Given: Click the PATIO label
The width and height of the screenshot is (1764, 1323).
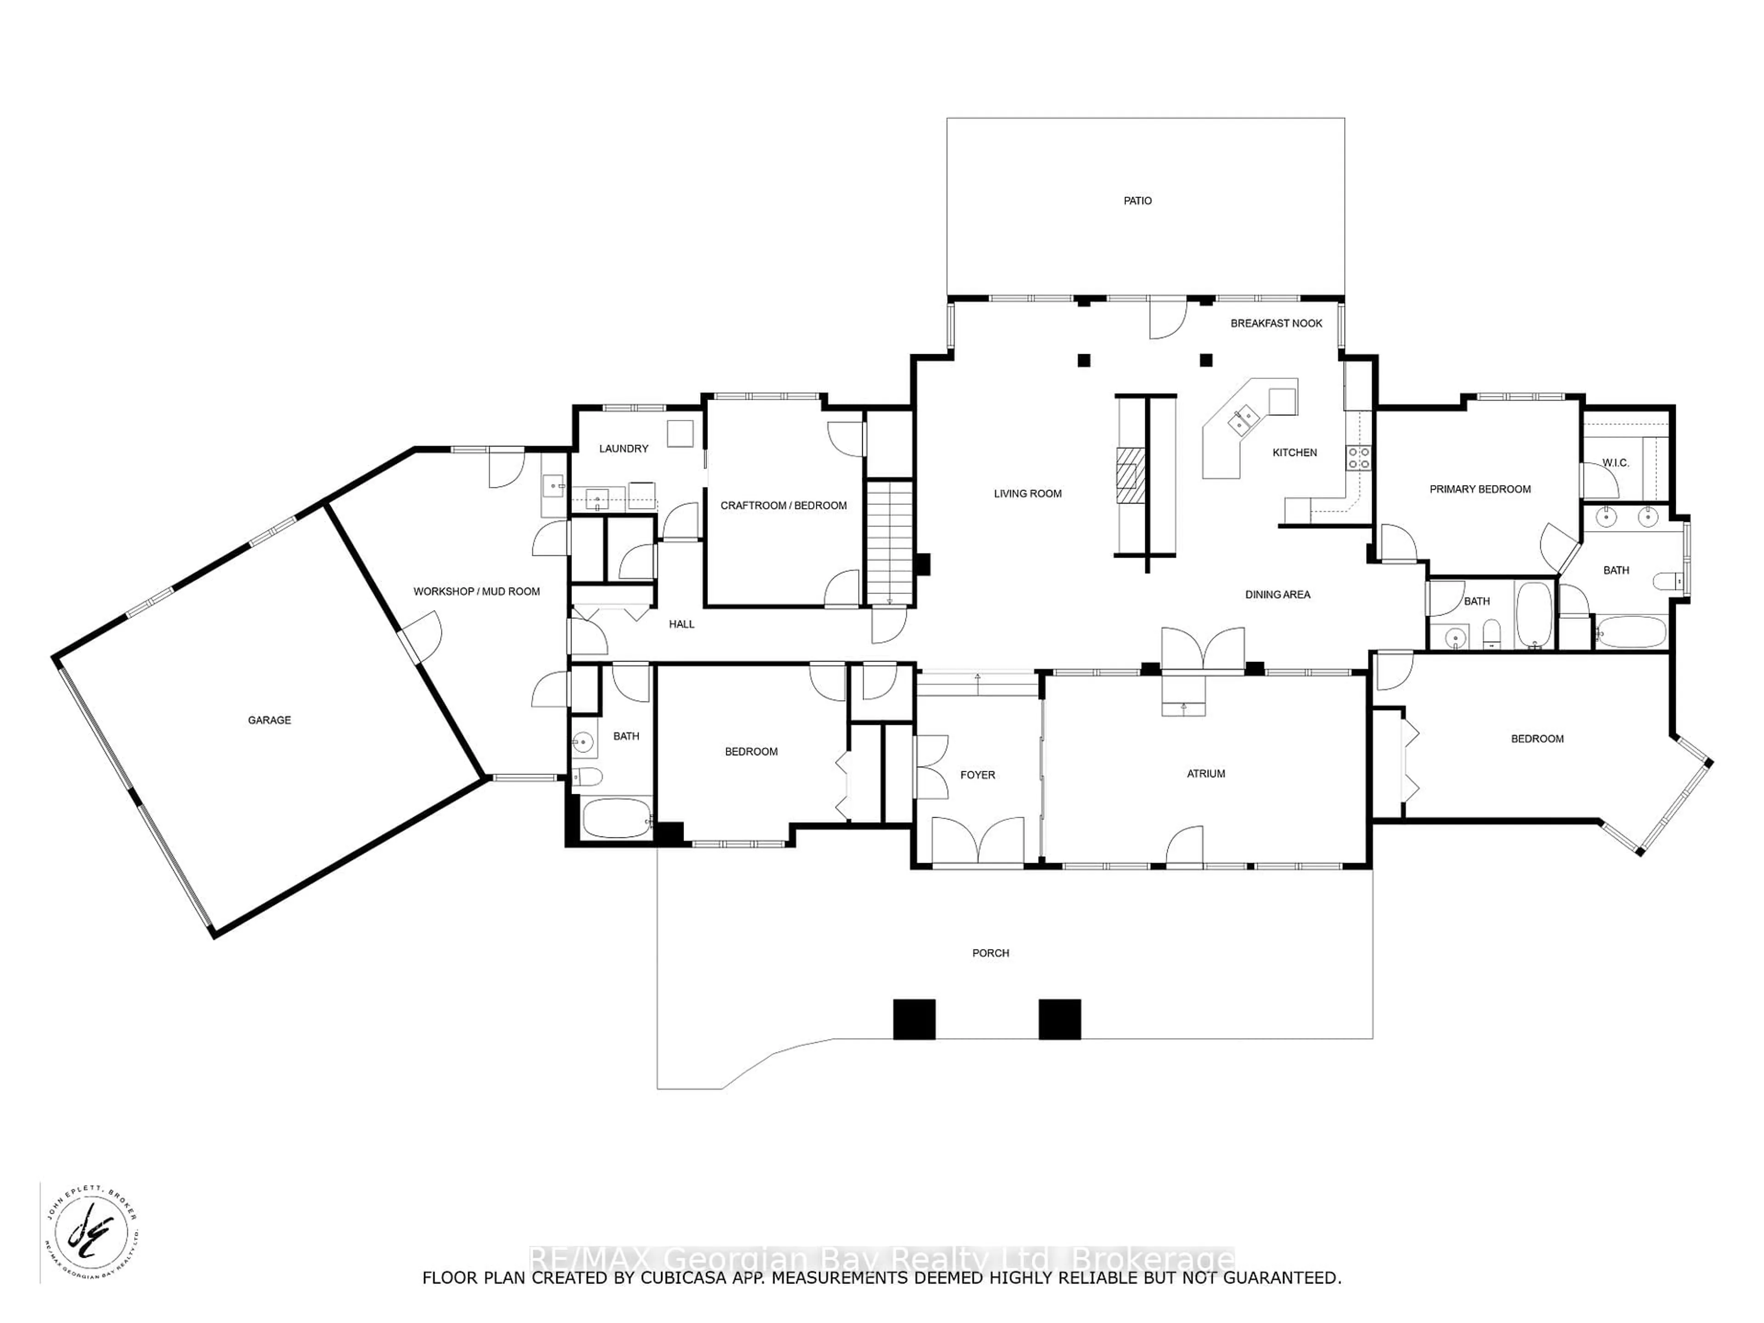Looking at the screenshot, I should (1137, 201).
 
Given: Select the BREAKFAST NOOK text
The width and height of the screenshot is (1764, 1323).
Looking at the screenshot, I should (1276, 323).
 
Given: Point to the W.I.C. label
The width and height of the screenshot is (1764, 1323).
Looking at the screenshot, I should (1616, 463).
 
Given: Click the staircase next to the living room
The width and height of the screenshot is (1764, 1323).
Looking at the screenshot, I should (889, 542).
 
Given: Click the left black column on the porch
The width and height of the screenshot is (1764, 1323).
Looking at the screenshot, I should (914, 1019).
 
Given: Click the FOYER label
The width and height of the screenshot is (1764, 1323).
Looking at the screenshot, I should (977, 775).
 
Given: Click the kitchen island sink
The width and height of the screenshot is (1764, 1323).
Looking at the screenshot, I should (1243, 417).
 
